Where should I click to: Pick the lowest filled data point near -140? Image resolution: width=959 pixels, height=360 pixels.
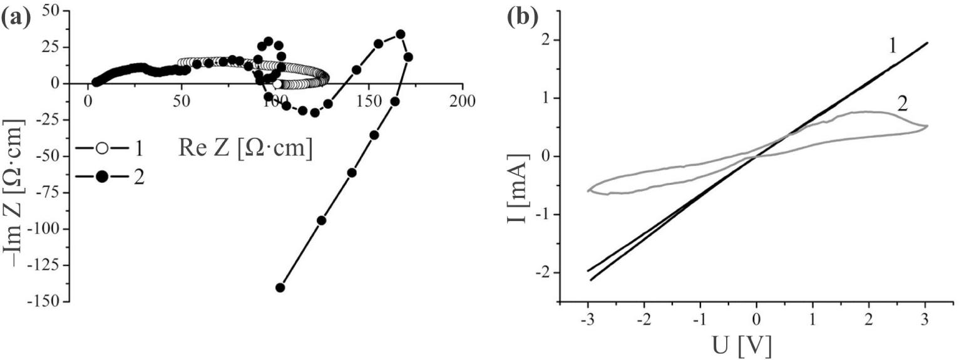[x=280, y=288]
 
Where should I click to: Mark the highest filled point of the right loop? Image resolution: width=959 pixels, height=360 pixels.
[x=401, y=34]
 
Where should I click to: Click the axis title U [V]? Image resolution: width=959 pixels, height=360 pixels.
[x=745, y=344]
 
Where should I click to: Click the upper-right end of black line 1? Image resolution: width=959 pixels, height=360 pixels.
[x=926, y=43]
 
